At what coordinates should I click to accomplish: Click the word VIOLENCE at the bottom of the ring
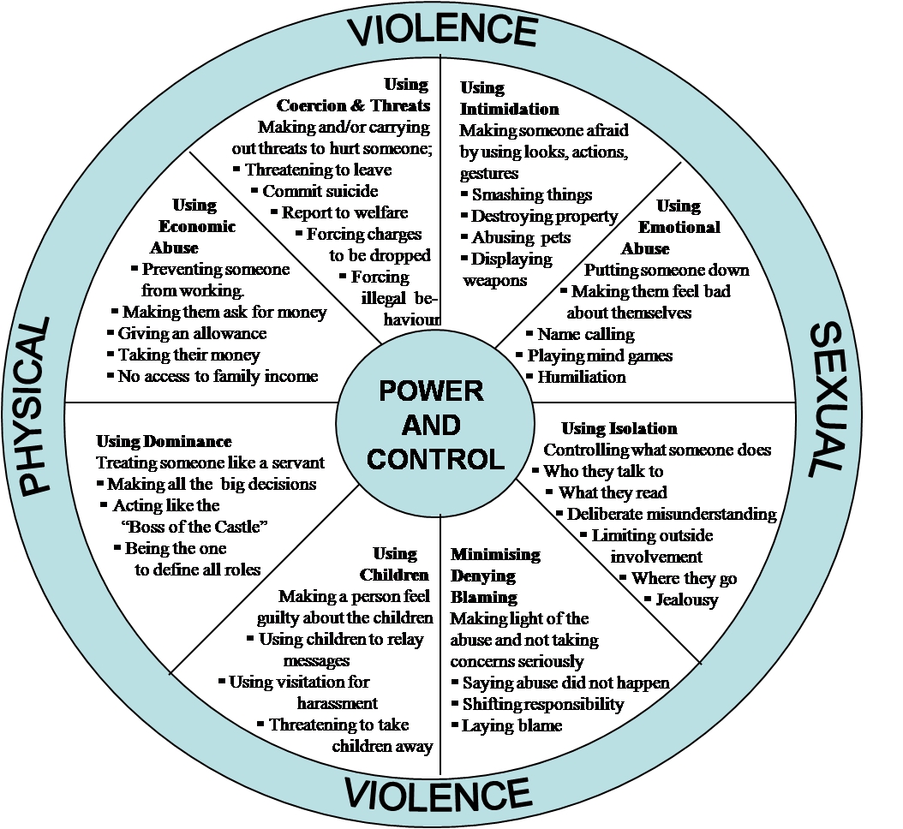pos(438,795)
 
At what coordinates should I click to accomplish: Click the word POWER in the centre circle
pos(431,391)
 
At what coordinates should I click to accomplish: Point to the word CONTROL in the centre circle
pos(435,459)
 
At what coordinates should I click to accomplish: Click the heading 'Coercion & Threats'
pos(353,105)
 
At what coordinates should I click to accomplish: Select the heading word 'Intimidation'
pos(509,109)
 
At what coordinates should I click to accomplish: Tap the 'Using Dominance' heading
pos(164,442)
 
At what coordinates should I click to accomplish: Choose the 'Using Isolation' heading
pos(619,428)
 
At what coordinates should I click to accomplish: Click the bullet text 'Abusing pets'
pos(521,238)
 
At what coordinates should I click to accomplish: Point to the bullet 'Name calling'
pos(586,335)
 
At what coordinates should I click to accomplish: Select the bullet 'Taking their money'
pos(188,355)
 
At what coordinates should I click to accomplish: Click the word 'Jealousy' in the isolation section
pos(687,600)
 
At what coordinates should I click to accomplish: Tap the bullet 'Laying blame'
pos(512,726)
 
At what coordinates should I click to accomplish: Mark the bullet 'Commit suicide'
pos(320,191)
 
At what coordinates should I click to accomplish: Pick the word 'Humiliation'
pos(582,377)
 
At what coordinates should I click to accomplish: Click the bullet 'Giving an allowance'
pos(193,334)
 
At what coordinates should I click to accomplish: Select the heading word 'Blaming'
pos(484,598)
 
